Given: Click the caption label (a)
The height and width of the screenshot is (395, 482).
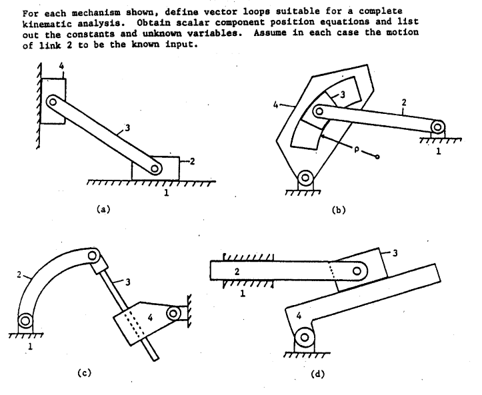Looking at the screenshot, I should tap(101, 208).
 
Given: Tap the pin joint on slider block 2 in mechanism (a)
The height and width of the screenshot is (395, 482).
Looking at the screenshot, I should tap(155, 169).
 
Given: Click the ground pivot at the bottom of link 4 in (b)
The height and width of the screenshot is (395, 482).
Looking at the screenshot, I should tap(305, 177).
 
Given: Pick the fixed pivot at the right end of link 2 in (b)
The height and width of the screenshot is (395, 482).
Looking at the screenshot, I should tap(437, 126).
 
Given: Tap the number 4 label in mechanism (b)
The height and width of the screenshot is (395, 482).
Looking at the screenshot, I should tap(273, 104).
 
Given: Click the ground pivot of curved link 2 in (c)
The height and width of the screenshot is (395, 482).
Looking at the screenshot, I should tap(25, 321).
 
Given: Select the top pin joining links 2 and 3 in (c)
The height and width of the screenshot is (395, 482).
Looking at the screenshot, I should tap(95, 255).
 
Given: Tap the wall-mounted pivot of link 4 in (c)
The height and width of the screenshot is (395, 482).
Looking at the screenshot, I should tap(176, 312).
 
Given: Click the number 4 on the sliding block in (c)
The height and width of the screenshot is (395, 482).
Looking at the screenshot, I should tap(151, 319).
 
